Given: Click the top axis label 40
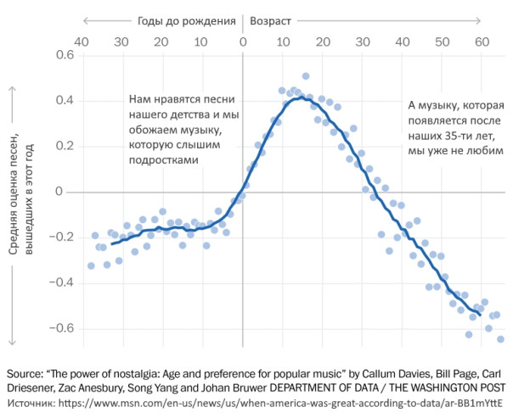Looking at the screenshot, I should click(82, 40).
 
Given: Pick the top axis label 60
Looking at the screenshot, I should click(482, 40).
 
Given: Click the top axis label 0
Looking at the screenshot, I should click(242, 40).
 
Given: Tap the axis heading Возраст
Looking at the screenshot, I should click(275, 18).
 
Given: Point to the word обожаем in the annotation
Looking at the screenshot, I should click(150, 130).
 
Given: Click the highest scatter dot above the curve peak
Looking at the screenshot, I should click(306, 76).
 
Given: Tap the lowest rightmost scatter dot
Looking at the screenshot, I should click(500, 339).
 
